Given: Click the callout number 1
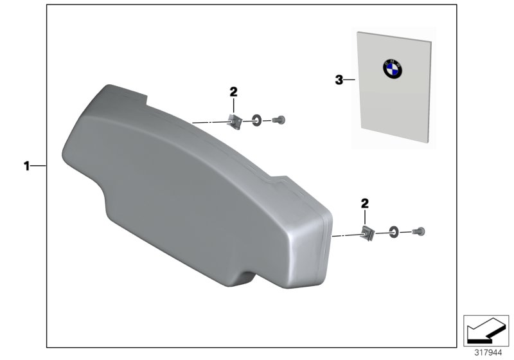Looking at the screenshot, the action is (x=26, y=166).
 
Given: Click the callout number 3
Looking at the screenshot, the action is (x=339, y=80).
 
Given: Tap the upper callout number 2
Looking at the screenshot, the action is (x=233, y=92).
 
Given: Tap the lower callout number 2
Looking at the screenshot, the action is (x=364, y=204).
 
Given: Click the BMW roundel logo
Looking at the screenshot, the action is (x=393, y=69).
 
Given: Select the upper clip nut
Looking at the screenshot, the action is (x=235, y=122).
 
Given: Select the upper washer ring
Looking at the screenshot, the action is (x=256, y=121).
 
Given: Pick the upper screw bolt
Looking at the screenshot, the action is (x=279, y=120).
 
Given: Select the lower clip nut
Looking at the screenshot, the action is (x=368, y=233).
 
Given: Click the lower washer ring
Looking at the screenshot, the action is (x=394, y=233).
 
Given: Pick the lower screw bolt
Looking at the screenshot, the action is (x=419, y=231).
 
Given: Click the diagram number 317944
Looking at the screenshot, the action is (x=488, y=353).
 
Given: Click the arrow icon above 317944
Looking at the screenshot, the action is (x=486, y=330).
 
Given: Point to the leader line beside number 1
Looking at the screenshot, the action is (x=39, y=166).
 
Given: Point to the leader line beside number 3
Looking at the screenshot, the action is (x=350, y=80).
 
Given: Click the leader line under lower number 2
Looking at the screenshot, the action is (x=364, y=218).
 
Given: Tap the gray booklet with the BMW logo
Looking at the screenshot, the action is (x=393, y=87).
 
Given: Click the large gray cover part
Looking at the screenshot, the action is (x=197, y=187).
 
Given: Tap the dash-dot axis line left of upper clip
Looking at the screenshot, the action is (x=212, y=122).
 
